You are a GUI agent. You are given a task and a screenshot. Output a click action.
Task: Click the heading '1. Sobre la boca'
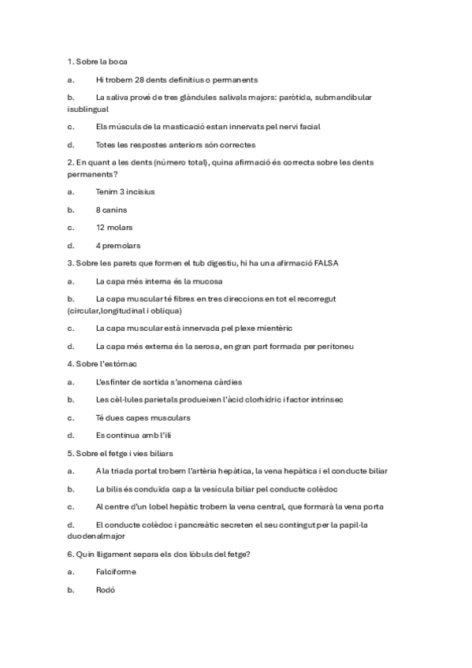(x=98, y=61)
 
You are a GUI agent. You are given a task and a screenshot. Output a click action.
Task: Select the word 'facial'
(x=308, y=126)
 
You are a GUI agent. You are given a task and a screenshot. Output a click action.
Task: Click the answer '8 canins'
(x=111, y=210)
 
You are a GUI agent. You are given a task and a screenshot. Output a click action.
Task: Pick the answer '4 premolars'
(x=118, y=246)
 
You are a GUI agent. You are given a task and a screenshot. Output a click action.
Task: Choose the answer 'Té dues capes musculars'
(x=143, y=417)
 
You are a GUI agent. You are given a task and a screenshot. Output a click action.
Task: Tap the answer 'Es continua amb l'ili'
(x=134, y=435)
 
